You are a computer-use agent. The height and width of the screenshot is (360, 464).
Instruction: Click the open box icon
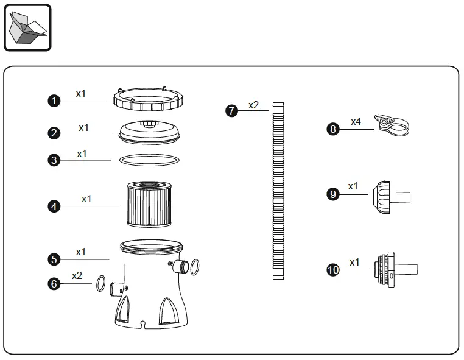click(27, 27)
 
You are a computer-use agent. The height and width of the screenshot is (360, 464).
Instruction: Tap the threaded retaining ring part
click(149, 98)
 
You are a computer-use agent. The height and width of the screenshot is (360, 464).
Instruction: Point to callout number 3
click(54, 160)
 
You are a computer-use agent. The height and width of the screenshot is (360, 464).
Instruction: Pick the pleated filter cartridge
click(149, 203)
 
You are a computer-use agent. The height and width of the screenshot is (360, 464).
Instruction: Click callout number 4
click(54, 206)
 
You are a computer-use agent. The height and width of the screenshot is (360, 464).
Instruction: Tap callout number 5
click(54, 259)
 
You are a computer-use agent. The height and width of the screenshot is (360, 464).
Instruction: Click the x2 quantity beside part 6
click(77, 275)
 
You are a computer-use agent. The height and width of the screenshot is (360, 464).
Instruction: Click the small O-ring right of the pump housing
click(194, 266)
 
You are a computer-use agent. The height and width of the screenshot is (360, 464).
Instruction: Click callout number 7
click(231, 111)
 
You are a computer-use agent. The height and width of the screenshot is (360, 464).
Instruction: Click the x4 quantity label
click(356, 122)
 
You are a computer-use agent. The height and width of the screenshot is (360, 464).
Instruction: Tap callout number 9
click(333, 194)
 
